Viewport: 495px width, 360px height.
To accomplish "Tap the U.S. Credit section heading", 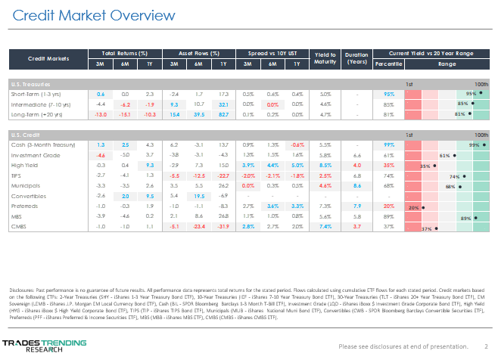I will pos(23,133).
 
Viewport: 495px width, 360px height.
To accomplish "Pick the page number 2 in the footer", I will pos(486,346).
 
